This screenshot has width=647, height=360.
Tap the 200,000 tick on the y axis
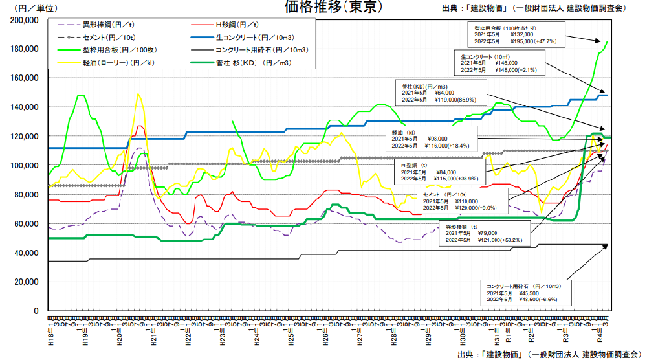[26, 20]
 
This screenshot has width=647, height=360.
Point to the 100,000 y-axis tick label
[26, 166]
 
